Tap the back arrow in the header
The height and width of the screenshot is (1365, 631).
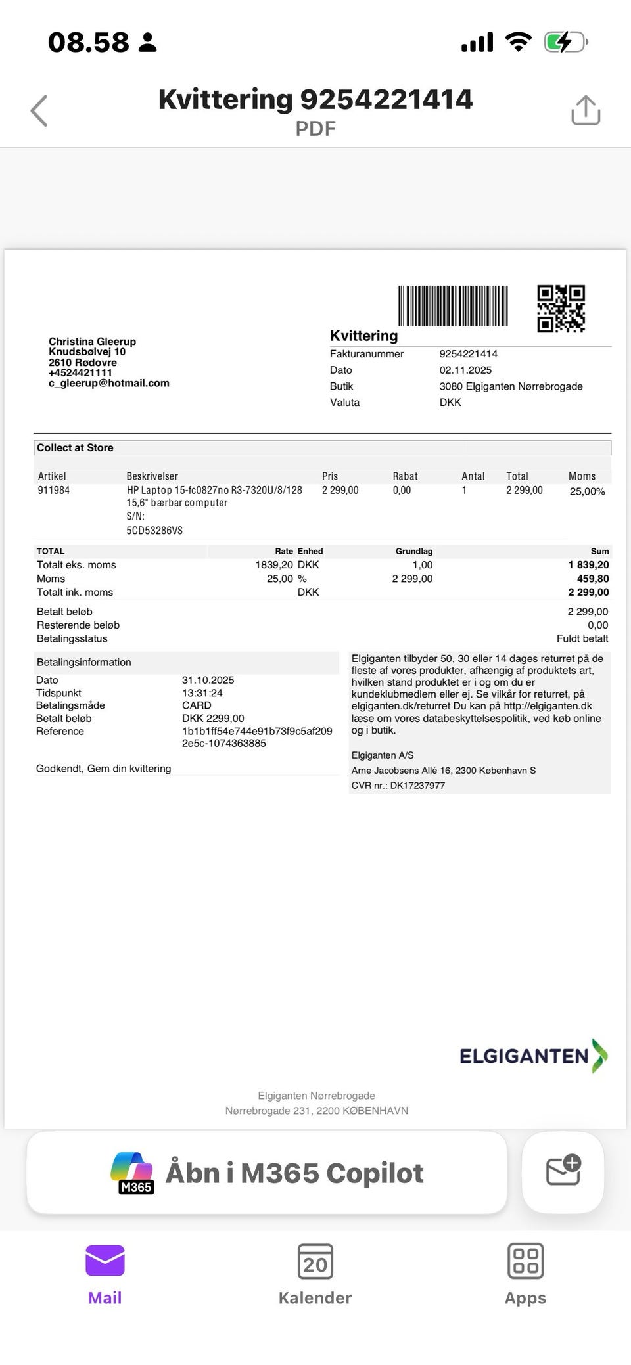click(x=39, y=110)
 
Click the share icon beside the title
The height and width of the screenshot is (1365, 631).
click(x=586, y=110)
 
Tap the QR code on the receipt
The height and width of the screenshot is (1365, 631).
click(x=561, y=308)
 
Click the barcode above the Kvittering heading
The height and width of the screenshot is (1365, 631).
click(x=453, y=305)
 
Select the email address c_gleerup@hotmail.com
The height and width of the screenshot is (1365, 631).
click(x=109, y=383)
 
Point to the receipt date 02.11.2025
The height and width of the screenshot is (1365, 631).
click(x=465, y=370)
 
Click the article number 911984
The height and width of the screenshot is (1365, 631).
click(x=54, y=490)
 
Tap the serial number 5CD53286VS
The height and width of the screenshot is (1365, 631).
click(x=154, y=530)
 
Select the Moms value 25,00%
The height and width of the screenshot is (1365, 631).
click(x=587, y=491)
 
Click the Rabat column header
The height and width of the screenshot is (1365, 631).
click(x=405, y=476)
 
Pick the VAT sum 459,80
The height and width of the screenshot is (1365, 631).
click(x=593, y=579)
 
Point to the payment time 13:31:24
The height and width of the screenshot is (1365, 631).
click(x=202, y=693)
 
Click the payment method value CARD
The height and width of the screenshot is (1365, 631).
click(x=197, y=705)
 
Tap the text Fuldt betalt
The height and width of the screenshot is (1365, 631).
click(x=582, y=638)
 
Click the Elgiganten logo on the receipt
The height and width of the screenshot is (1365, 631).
click(x=533, y=1056)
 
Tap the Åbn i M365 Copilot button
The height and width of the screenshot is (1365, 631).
click(x=267, y=1173)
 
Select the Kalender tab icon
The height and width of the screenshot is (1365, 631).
click(x=315, y=1261)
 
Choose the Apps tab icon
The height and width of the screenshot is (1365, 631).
click(x=525, y=1261)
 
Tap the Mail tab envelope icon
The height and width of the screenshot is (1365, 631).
click(x=105, y=1261)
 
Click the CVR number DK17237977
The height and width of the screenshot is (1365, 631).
click(x=417, y=786)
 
